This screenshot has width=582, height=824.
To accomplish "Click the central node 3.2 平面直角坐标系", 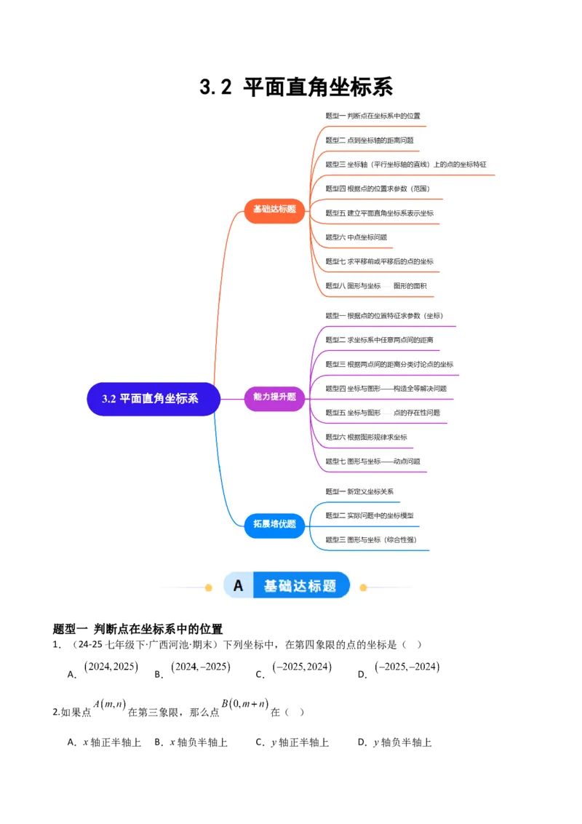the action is click(154, 399).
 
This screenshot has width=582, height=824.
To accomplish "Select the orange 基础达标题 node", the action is click(274, 209).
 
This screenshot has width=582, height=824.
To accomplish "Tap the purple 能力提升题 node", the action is click(274, 397).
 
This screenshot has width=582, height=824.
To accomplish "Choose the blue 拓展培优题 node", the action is click(274, 523).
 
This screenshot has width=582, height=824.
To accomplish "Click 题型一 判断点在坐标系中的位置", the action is click(372, 116).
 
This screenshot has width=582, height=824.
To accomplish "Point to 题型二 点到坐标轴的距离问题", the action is click(370, 140).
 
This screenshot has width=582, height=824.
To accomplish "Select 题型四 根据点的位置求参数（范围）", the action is click(378, 189).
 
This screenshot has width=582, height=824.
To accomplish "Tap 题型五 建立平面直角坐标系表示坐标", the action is click(379, 213).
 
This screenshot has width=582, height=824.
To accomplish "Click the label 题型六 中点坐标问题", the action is click(356, 237).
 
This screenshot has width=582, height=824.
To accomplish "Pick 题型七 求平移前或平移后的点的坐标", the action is click(379, 261).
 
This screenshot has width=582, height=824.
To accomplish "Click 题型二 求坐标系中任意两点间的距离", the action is click(379, 340).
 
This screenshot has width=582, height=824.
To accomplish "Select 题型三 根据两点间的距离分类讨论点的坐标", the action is click(389, 364).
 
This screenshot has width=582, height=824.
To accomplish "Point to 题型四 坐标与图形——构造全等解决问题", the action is click(386, 389).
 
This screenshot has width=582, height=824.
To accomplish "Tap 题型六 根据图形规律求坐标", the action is click(366, 437).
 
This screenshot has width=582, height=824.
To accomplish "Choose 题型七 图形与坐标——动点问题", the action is click(372, 461).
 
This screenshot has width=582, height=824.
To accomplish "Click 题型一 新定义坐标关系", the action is click(359, 491).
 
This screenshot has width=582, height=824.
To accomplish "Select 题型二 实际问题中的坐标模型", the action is click(370, 515).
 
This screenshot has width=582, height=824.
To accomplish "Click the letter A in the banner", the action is click(238, 586).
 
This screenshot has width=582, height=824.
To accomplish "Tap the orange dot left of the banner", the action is click(209, 587).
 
